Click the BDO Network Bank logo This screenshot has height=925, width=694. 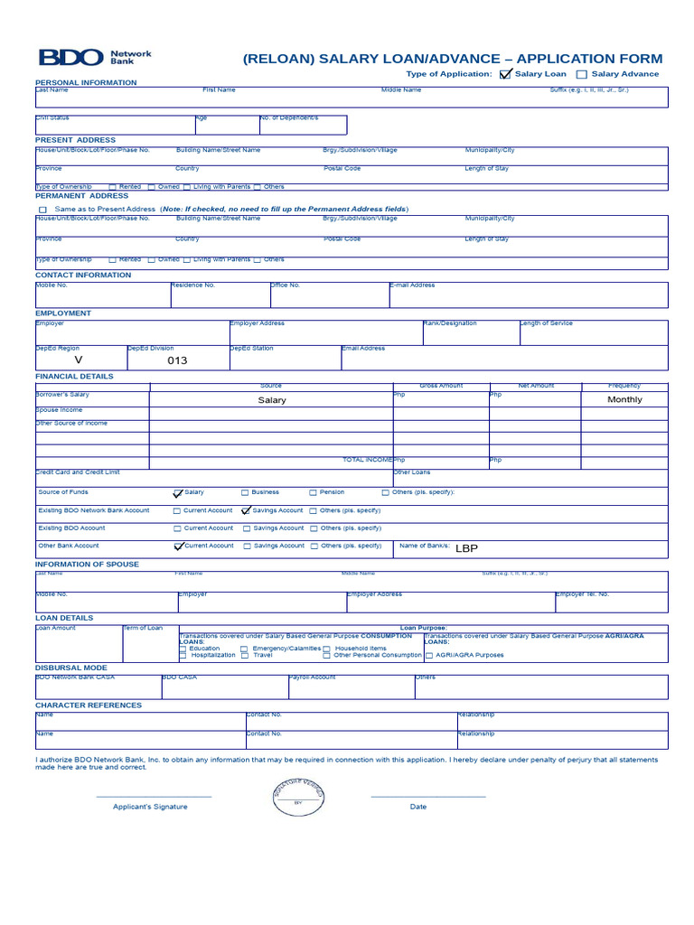[94, 58]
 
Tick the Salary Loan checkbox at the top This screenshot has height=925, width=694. [505, 74]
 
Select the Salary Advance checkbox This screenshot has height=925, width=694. [582, 74]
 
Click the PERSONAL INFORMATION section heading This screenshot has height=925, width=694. [86, 82]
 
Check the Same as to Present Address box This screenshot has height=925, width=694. [42, 209]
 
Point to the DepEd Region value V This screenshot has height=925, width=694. [78, 360]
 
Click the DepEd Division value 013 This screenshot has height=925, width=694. [178, 360]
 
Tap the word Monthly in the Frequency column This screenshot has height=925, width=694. [624, 399]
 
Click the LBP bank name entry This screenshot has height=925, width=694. [466, 547]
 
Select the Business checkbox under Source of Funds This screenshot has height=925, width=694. [245, 492]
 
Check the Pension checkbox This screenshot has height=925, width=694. [314, 492]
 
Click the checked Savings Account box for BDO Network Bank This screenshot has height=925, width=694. [245, 510]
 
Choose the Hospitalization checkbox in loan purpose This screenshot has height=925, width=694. [183, 655]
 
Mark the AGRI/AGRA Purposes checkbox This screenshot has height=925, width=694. [429, 655]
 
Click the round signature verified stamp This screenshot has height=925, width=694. [298, 797]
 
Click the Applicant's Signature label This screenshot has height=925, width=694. [150, 807]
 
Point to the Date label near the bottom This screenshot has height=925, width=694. [418, 807]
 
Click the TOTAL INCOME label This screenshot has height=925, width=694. [368, 460]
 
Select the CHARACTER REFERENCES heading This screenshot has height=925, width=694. [89, 705]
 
